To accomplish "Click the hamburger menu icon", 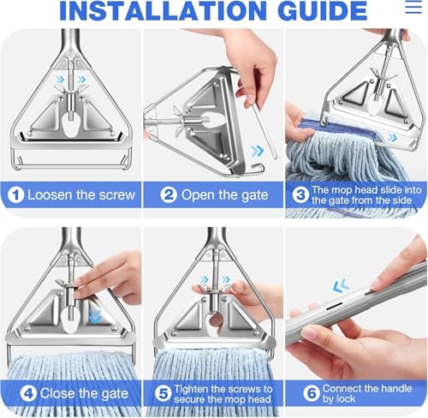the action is (x=413, y=7).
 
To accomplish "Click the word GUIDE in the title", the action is (x=322, y=10).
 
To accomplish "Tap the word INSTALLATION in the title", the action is (x=163, y=10).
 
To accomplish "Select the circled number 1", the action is (x=15, y=195).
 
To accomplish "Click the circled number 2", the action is (x=169, y=195).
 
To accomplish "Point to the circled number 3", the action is (x=300, y=195).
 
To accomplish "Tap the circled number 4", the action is (x=28, y=394).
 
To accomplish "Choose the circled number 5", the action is (x=163, y=394).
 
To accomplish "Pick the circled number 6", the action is (x=312, y=394).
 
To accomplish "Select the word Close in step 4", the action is (x=59, y=393).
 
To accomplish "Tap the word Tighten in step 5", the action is (x=191, y=390).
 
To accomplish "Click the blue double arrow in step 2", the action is (x=258, y=151).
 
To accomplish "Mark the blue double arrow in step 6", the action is (x=341, y=285).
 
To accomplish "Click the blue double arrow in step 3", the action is (x=392, y=138).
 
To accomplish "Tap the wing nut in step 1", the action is (x=71, y=88).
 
